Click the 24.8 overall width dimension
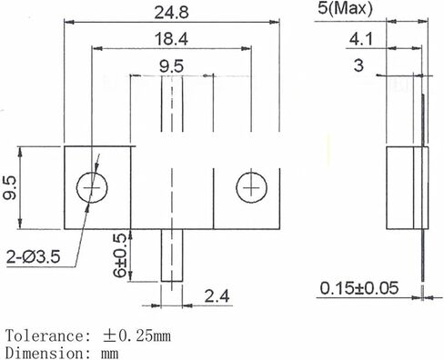pos(170,12)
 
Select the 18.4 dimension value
pos(170,39)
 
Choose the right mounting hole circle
pos(249,187)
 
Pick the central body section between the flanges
pos(171,187)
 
